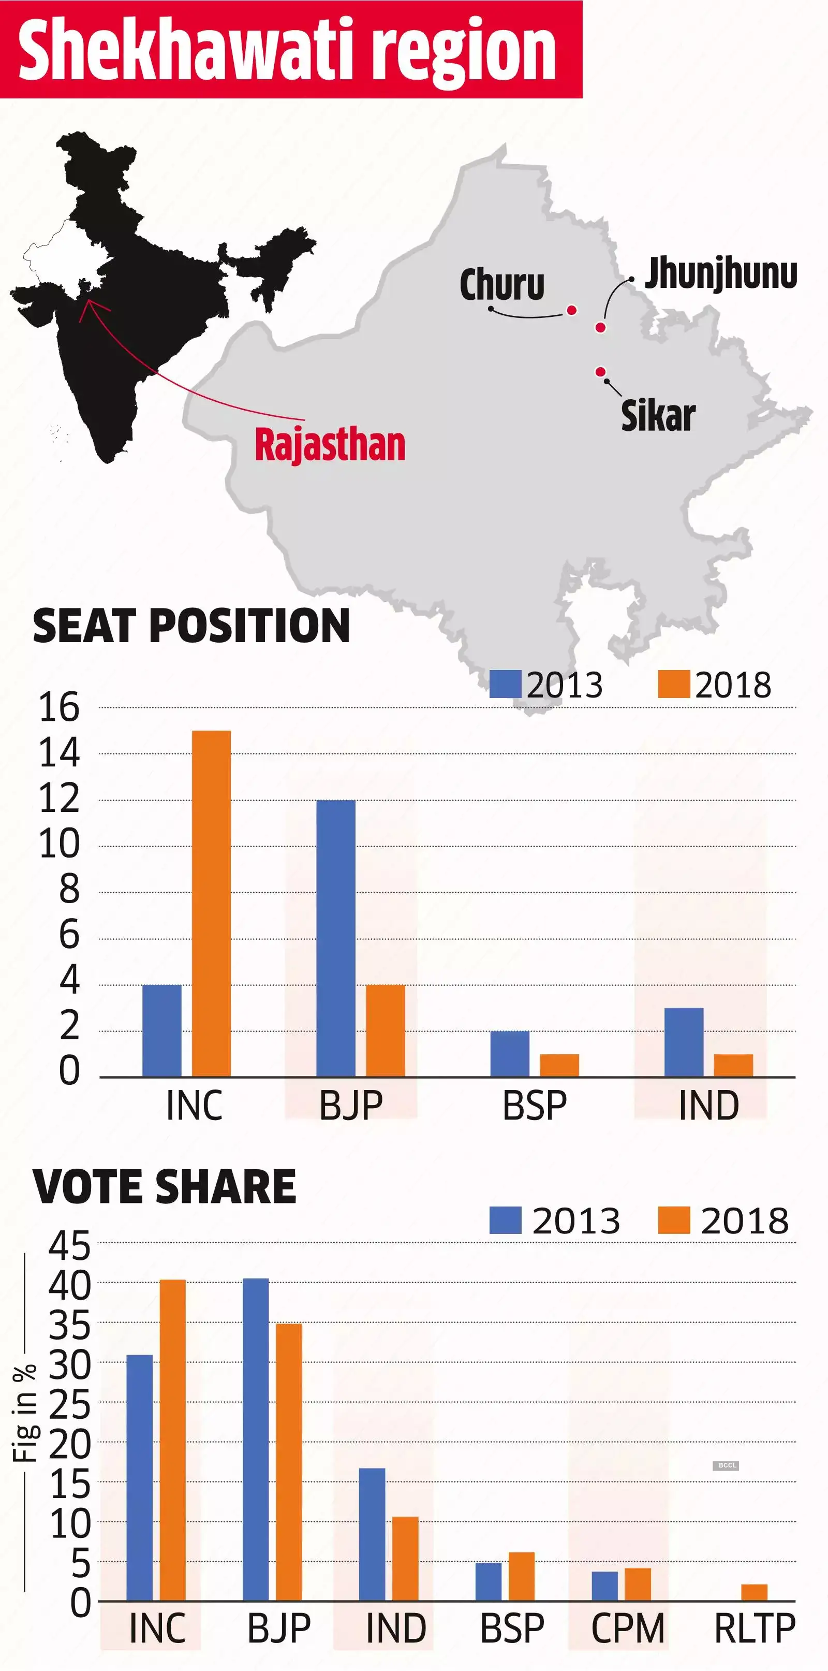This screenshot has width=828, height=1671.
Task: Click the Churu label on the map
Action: [502, 285]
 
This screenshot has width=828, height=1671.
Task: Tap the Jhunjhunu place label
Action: [720, 274]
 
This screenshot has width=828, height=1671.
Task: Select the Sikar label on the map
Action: [657, 416]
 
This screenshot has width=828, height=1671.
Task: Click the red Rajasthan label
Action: [329, 444]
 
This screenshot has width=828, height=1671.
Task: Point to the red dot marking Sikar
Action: [600, 372]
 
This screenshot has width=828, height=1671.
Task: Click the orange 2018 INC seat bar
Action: [211, 903]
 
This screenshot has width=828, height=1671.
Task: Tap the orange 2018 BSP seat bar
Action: [559, 1065]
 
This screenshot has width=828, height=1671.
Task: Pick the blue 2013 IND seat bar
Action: [684, 1042]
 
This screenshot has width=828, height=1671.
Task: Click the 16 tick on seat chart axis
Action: [59, 708]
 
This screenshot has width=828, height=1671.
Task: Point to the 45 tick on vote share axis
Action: [69, 1246]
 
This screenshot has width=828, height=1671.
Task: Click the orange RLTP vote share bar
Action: [754, 1592]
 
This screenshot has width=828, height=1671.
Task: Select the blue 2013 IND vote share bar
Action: [372, 1534]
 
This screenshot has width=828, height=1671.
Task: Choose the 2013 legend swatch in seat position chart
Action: [505, 685]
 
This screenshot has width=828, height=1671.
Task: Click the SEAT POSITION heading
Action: [191, 626]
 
